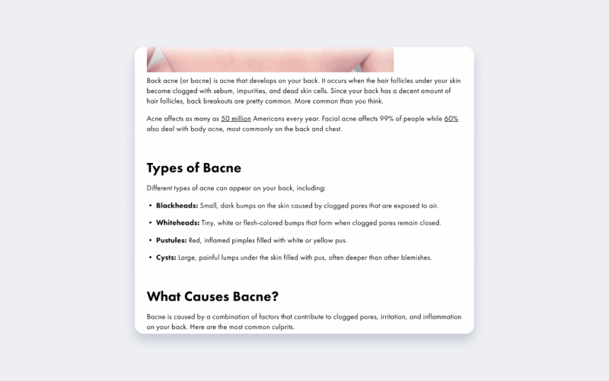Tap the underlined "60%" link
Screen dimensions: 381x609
[451, 119]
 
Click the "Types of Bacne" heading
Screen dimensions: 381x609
[193, 168]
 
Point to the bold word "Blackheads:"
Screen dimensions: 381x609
[177, 206]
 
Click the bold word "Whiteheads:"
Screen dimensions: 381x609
[177, 223]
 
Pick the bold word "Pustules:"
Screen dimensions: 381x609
[171, 241]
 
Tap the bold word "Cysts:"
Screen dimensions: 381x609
[166, 258]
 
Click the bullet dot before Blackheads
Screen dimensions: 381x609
[150, 206]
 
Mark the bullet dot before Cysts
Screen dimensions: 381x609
[150, 258]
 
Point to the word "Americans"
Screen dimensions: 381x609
[270, 119]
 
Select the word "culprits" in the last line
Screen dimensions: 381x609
[278, 327]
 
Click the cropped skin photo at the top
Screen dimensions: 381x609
[270, 60]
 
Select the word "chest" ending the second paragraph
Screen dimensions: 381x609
[333, 129]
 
